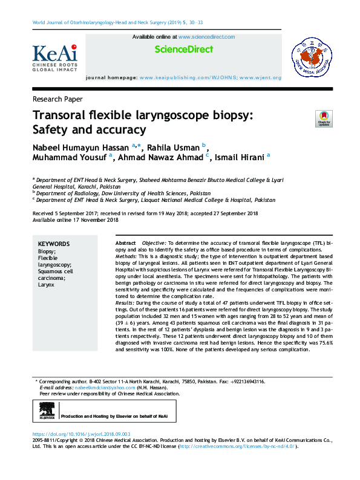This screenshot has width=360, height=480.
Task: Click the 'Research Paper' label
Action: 57,99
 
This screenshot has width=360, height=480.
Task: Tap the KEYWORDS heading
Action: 54,244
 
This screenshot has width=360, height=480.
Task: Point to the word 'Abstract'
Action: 125,242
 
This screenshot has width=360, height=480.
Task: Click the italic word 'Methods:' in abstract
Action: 126,256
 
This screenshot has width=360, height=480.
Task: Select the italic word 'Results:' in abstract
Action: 126,302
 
